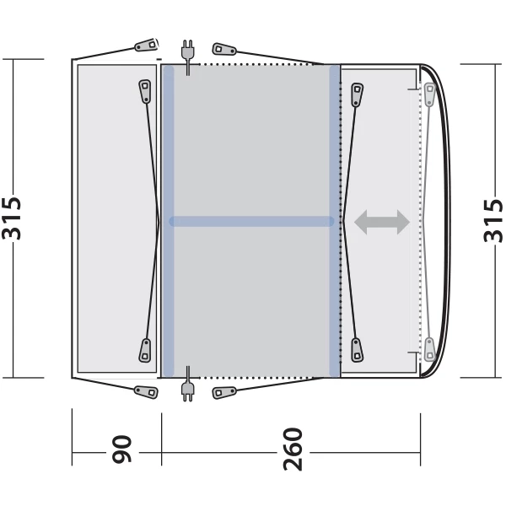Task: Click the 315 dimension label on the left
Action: click(12, 218)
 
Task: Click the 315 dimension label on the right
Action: click(493, 221)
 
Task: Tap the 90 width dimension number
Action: click(121, 449)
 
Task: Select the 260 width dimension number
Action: click(293, 449)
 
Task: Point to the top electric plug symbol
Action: click(187, 57)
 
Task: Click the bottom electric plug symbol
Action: click(187, 384)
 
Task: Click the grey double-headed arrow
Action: click(382, 222)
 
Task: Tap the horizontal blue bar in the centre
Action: click(251, 221)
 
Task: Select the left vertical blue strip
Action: click(168, 221)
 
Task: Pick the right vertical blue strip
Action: click(334, 221)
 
